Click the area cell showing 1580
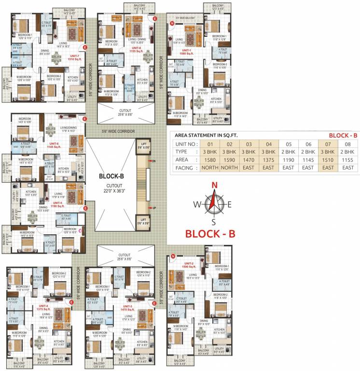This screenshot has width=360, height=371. click(210, 159)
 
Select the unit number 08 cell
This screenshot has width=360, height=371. click(347, 143)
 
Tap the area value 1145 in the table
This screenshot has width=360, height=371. click(308, 159)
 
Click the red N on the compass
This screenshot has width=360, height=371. click(215, 185)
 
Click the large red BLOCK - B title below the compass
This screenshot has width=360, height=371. click(210, 234)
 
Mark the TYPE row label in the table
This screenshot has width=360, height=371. click(181, 151)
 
